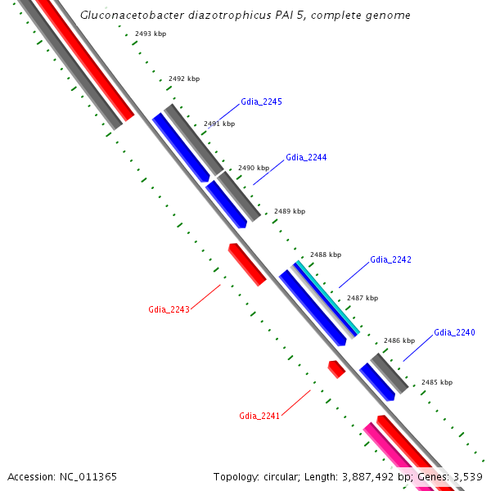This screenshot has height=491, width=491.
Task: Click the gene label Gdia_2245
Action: tap(261, 102)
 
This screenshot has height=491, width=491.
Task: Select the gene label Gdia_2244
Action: tap(306, 157)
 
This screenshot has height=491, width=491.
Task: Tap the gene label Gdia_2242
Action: tap(390, 259)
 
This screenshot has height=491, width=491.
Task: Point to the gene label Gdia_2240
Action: tap(454, 332)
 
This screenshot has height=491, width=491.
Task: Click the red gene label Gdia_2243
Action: tap(169, 309)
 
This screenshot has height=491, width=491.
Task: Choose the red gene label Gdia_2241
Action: tap(259, 416)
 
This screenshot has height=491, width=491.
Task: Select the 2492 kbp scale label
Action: tap(183, 79)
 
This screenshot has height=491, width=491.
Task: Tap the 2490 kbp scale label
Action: tap(253, 168)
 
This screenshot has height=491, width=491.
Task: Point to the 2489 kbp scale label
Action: tap(289, 211)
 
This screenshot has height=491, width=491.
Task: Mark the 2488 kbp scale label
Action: tap(325, 255)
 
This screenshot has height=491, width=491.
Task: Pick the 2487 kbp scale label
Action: tap(362, 299)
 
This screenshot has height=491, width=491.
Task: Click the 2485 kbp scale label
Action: tap(436, 382)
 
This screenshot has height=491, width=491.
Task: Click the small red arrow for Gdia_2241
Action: tap(336, 369)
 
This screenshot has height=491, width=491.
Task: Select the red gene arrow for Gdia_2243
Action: tap(247, 264)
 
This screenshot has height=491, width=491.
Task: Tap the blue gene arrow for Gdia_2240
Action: tap(377, 382)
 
